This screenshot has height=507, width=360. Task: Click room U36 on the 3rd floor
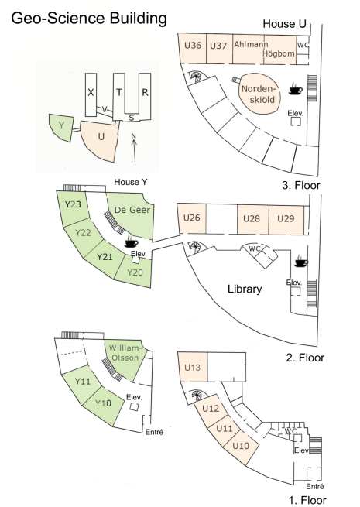pos(192,48)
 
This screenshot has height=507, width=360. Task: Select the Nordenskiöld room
pos(259,94)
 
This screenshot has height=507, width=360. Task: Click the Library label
pos(245,289)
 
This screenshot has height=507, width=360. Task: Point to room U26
pos(191,218)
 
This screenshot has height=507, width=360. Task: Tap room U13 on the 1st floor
pos(193,367)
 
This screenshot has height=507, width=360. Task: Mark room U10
pos(241,447)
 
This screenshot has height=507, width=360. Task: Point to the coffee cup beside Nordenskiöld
pos(296,88)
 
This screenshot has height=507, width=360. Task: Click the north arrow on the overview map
pos(134,149)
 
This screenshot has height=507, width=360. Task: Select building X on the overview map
pos(91,94)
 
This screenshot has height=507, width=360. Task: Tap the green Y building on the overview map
pos(61,127)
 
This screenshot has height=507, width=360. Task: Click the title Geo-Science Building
pos(89,18)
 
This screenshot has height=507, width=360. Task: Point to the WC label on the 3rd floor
pos(303,45)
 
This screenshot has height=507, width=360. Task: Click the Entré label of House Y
pos(154,432)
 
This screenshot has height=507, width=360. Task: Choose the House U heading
pos(284,24)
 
